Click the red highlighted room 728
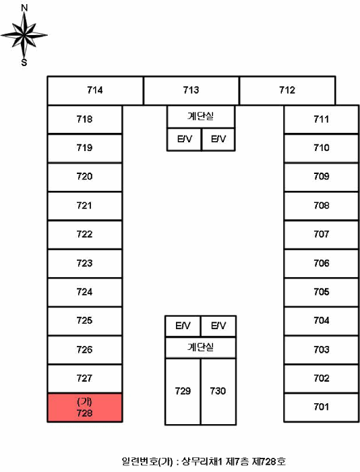[84, 407]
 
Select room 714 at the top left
[95, 90]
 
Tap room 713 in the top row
[191, 90]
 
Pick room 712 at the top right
[287, 90]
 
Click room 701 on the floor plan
[322, 407]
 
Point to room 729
[183, 392]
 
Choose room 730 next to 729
[218, 392]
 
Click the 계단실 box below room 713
[201, 117]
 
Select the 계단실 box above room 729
[200, 348]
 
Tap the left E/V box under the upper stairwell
[184, 140]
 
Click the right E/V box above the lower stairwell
[218, 326]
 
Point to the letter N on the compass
[24, 8]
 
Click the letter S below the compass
[24, 63]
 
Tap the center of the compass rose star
[24, 35]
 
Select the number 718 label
[84, 119]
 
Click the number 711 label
[322, 119]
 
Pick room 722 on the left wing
[84, 235]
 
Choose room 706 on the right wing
[322, 264]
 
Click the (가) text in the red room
[84, 402]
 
